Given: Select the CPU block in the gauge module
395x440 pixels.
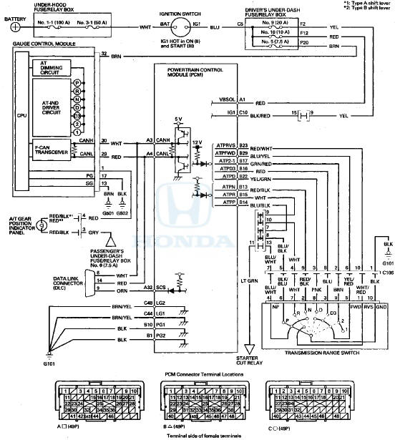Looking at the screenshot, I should (x=21, y=114).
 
